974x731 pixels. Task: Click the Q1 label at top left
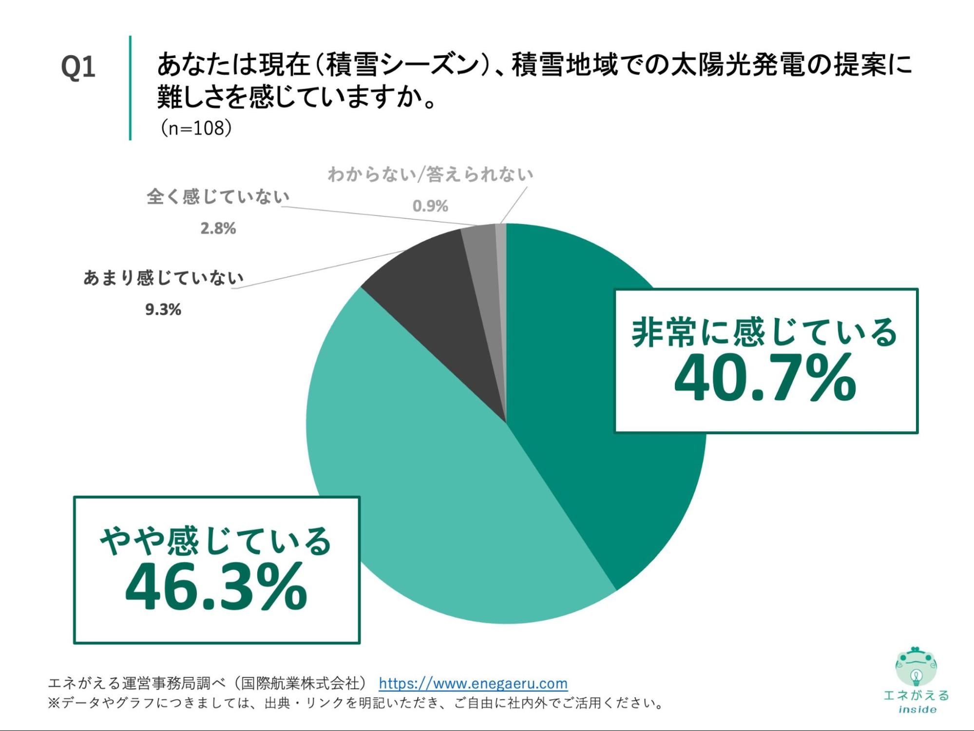click(78, 67)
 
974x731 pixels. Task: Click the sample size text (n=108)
click(196, 128)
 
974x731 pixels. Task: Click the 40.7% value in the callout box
click(765, 379)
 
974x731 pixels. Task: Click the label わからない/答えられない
click(430, 174)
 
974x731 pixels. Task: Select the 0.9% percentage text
click(430, 206)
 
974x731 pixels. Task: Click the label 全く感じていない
click(218, 197)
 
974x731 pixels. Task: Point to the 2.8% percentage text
click(218, 228)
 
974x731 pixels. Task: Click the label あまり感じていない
click(163, 278)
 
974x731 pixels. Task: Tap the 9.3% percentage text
click(163, 309)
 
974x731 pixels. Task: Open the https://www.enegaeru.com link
click(473, 683)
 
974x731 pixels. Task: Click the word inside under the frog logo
click(917, 710)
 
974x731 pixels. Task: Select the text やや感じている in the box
click(216, 541)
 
